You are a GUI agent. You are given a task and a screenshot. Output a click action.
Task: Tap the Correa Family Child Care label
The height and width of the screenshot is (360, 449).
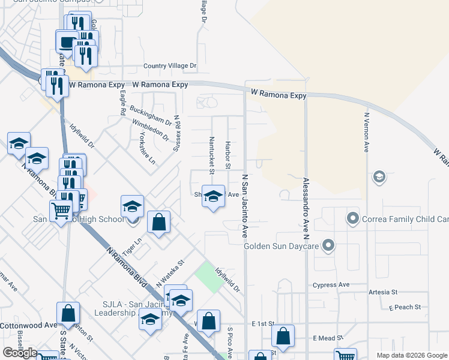[405, 219]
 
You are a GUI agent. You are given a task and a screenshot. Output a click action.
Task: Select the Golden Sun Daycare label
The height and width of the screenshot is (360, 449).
[282, 245]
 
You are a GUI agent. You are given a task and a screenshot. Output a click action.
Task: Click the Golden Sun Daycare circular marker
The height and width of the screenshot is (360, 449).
[328, 245]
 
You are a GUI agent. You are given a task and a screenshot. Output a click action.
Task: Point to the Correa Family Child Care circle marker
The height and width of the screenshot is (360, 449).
[353, 219]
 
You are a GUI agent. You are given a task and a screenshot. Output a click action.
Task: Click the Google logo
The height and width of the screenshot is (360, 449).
[20, 353]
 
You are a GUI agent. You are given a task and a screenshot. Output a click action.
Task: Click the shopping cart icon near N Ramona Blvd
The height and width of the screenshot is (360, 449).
[61, 211]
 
